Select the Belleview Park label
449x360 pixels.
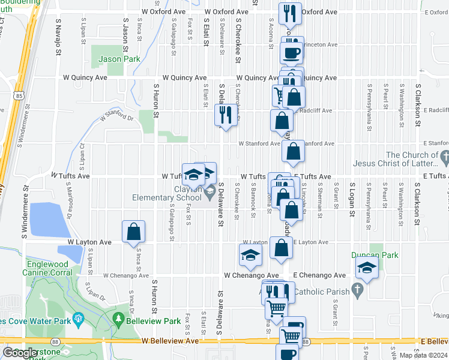pos(156,321)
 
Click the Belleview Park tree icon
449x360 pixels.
pos(119,318)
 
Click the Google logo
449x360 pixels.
pos(20,352)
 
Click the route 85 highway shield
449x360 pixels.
pos(20,95)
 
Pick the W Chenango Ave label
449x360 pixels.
pos(125,275)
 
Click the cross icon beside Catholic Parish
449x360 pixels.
pos(358,290)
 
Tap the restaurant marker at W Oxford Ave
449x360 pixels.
pos(291,13)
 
